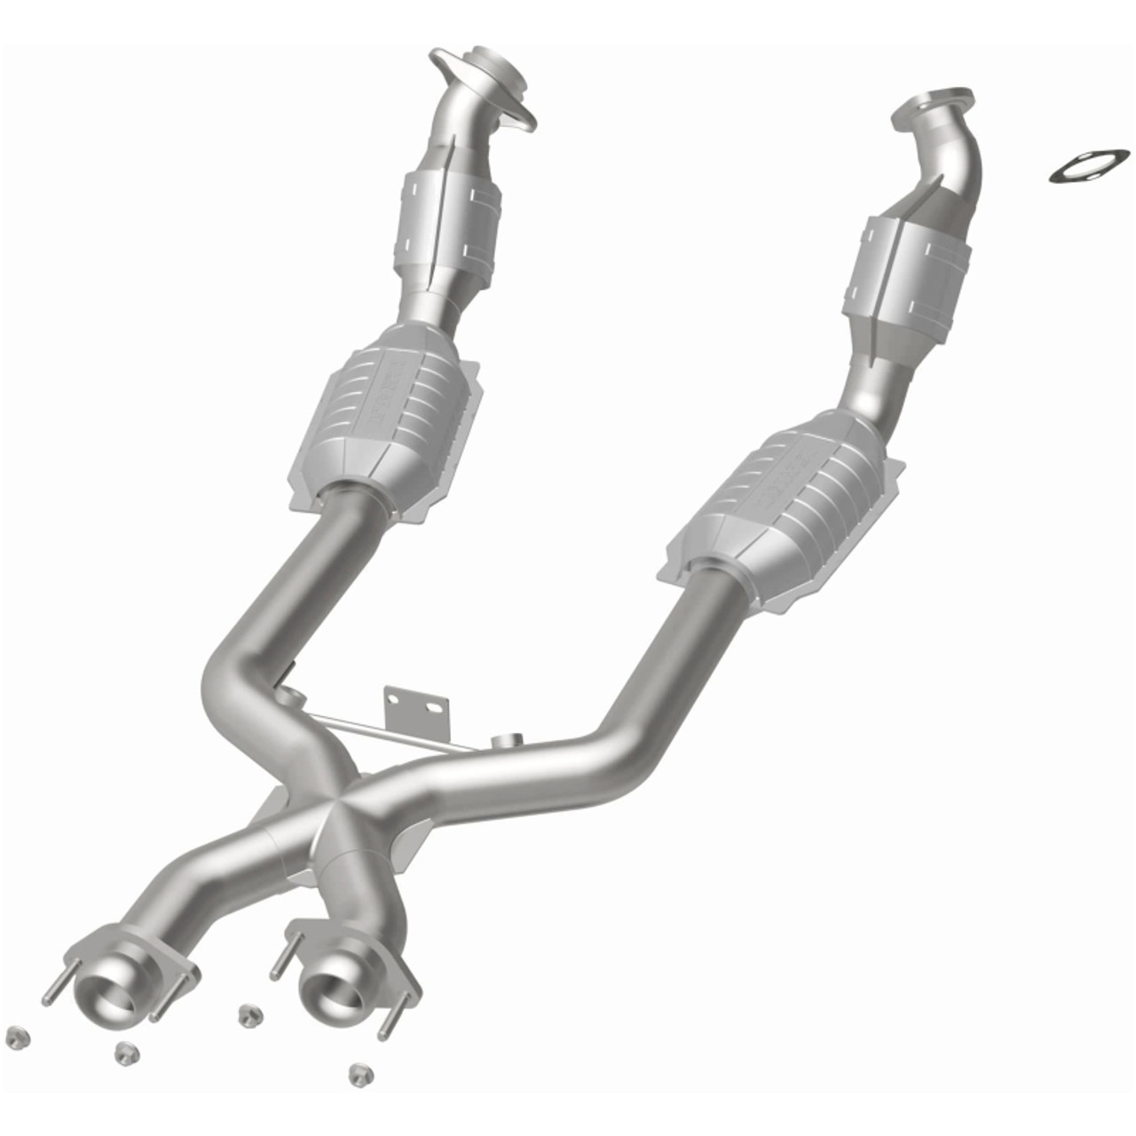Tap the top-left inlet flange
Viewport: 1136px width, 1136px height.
484,84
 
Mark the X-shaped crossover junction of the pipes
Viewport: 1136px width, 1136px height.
337,803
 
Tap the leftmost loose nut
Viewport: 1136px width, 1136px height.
15,1037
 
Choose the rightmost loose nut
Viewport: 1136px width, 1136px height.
359,1072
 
